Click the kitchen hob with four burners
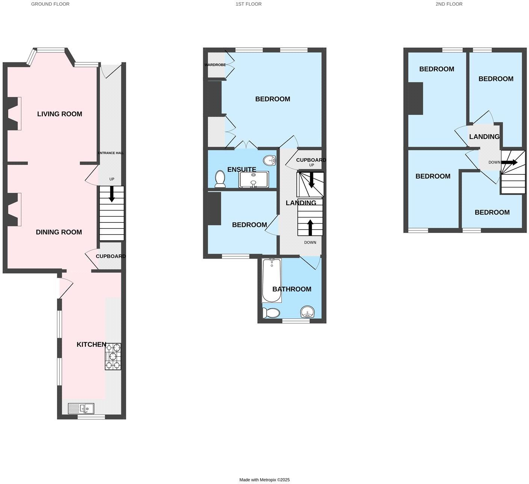click(113, 357)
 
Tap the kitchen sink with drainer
click(81, 408)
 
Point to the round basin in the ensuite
click(270, 161)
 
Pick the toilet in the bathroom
click(271, 313)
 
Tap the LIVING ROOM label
click(59, 114)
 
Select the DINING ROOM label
click(59, 232)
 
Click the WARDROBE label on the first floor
click(215, 65)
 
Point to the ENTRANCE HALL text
click(111, 153)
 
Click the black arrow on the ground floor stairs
click(112, 194)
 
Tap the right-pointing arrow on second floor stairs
click(509, 162)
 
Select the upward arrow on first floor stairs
click(310, 227)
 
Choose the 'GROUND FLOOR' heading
click(50, 4)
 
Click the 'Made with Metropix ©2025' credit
click(264, 480)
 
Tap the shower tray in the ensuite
click(254, 179)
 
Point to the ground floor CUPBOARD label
click(110, 256)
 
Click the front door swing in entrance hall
click(110, 70)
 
